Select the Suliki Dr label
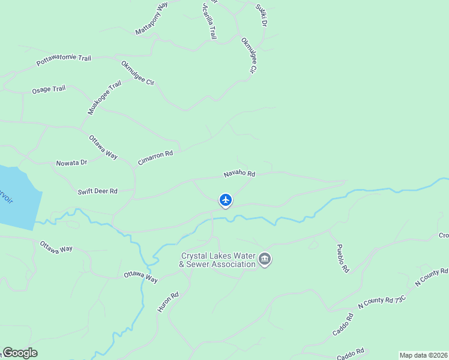click(261, 15)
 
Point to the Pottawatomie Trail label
click(64, 59)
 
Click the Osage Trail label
click(49, 90)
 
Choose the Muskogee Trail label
click(104, 97)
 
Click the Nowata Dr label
click(71, 163)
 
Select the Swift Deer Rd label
click(97, 191)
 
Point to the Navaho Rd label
click(240, 174)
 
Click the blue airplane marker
click(226, 200)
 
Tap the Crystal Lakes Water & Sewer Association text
click(218, 260)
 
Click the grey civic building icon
click(265, 260)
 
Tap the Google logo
click(20, 353)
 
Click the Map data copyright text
click(423, 355)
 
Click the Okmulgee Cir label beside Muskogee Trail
click(137, 73)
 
